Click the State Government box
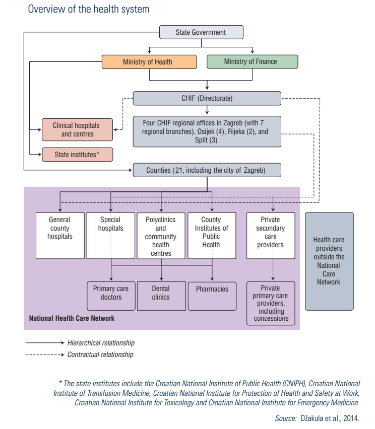[201, 32]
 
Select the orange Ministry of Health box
[149, 62]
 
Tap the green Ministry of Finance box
[253, 61]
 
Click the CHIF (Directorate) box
[207, 98]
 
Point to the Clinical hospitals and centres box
[77, 130]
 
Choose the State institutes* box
[77, 155]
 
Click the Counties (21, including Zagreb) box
[207, 170]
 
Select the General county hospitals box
[60, 236]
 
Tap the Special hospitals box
[111, 236]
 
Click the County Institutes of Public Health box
[212, 236]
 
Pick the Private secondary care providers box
[271, 236]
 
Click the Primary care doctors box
[111, 296]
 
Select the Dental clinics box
[161, 296]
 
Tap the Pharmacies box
[212, 296]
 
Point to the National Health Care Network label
[72, 318]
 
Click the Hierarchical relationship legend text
[101, 343]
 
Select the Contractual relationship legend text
[100, 354]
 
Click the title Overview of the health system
[89, 9]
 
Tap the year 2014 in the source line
[351, 418]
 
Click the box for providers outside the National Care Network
[329, 261]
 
